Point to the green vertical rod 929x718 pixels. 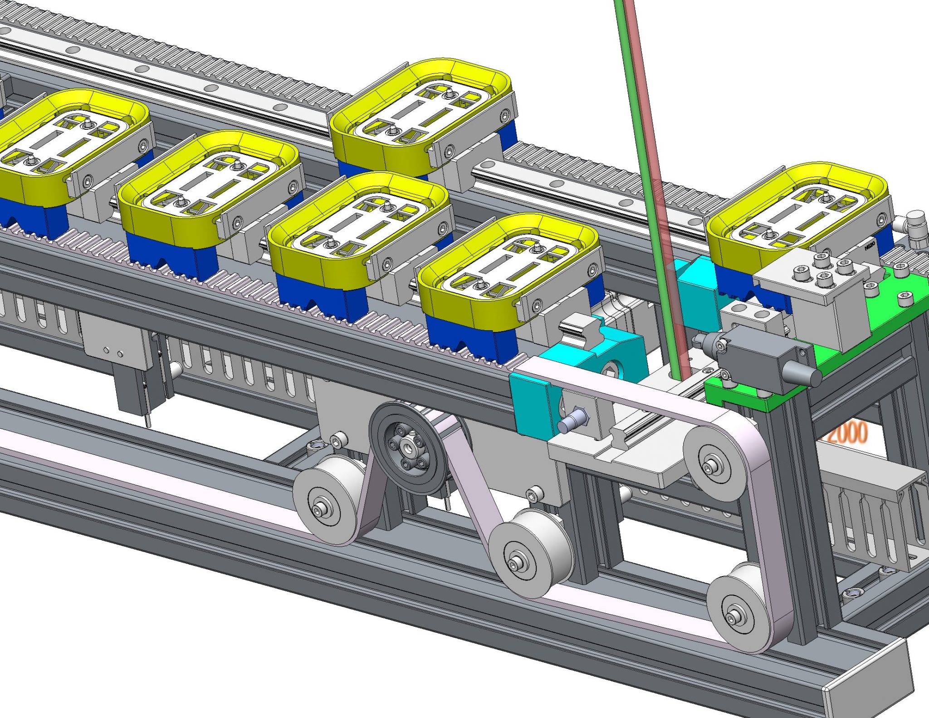point(644,181)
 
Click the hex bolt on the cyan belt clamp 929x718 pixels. point(572,422)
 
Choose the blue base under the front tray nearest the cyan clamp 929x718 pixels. point(469,338)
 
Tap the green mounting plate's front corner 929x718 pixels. point(767,404)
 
